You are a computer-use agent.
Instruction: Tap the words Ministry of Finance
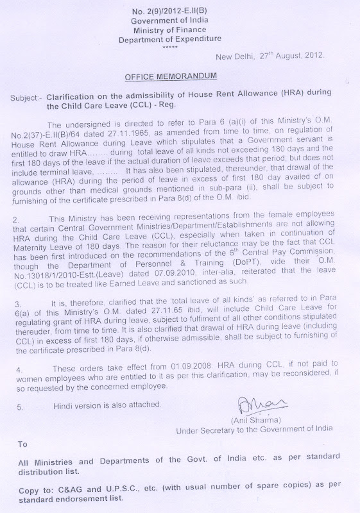(170, 29)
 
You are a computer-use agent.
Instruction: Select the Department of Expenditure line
(170, 39)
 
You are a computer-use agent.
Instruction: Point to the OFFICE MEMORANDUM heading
(171, 76)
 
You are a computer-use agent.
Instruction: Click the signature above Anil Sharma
(257, 405)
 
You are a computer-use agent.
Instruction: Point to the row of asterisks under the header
(170, 47)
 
